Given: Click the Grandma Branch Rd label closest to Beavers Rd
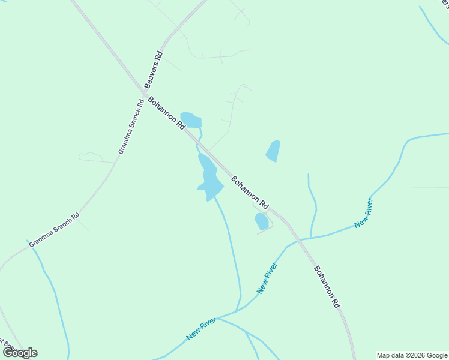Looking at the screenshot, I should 131,127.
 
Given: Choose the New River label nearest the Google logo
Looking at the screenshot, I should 200,329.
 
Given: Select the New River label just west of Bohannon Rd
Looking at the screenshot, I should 267,278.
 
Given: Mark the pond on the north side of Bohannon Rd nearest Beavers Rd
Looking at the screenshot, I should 191,119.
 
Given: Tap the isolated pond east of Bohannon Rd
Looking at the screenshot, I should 273,151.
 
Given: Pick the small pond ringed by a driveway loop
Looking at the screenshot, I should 262,221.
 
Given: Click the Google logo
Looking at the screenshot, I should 20,353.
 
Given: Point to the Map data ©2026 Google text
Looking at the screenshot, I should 412,355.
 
